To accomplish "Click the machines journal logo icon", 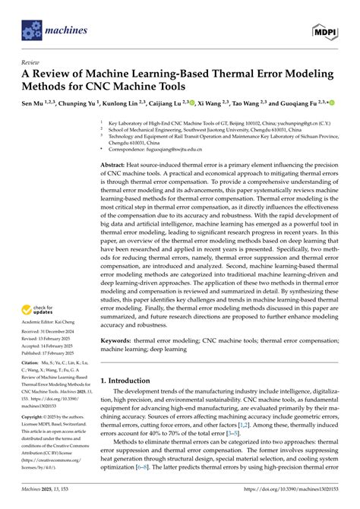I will point(30,30).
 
